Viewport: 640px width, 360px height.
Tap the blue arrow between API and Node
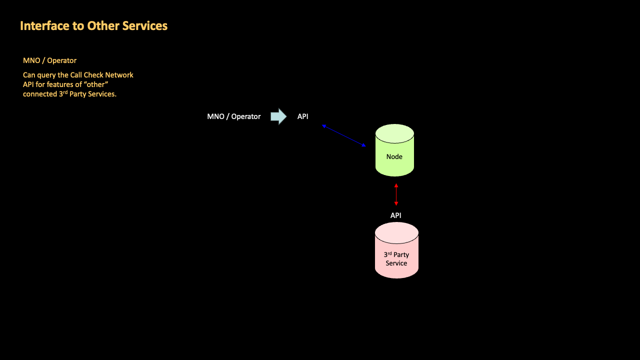click(x=344, y=135)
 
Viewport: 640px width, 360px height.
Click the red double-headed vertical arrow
click(x=396, y=195)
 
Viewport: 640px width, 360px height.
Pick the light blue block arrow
click(x=278, y=116)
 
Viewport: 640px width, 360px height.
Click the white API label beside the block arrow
click(x=303, y=116)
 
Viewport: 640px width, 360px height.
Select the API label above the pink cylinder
click(x=395, y=215)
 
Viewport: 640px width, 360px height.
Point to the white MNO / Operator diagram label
click(x=233, y=116)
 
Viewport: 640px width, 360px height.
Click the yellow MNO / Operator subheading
click(x=49, y=60)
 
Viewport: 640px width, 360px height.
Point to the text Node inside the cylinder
click(x=394, y=156)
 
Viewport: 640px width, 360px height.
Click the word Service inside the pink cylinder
click(x=396, y=263)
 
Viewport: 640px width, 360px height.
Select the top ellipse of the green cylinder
click(x=394, y=133)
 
